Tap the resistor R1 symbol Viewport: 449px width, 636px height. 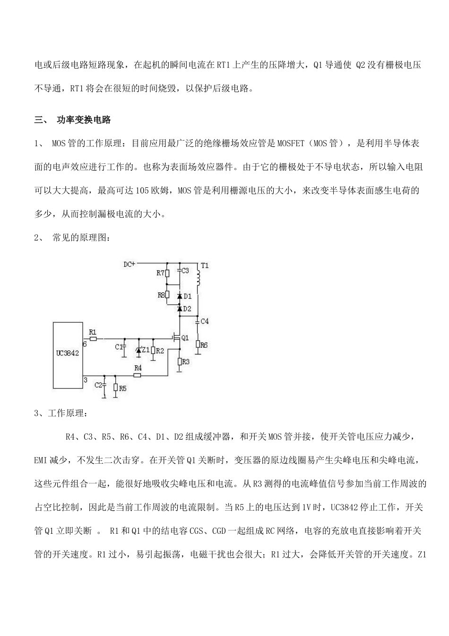[93, 338]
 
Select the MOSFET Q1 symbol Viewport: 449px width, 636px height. [177, 338]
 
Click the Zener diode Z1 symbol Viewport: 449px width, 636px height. [138, 350]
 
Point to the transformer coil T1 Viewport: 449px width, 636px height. [199, 279]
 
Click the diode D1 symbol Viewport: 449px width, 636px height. [180, 296]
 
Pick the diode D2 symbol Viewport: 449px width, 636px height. [180, 309]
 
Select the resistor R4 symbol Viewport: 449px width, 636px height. [138, 375]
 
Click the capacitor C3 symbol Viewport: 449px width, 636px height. [180, 271]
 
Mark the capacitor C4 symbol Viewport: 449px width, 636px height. [199, 321]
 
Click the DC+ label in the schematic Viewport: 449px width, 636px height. [129, 265]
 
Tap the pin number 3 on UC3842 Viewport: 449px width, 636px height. [85, 380]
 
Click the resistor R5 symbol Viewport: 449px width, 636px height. [115, 388]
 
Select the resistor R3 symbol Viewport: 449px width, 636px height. [180, 362]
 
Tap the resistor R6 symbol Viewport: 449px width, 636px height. [199, 345]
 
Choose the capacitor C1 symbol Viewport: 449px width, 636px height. [124, 348]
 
